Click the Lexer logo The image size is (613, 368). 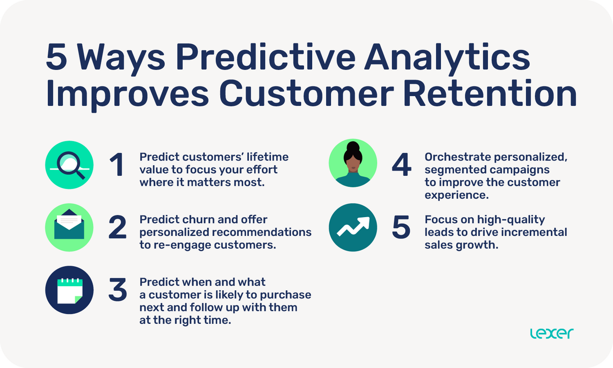[x=551, y=333]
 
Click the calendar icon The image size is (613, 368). [x=69, y=291]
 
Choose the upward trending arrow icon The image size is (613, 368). [x=353, y=227]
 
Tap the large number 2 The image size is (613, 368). [x=117, y=228]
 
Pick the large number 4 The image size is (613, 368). [x=401, y=165]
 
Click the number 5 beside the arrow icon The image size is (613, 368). [x=401, y=228]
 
